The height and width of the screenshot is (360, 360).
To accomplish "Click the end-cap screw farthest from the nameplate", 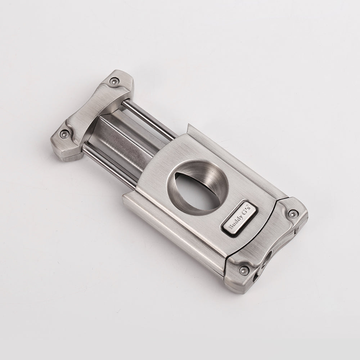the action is point(244,270).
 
